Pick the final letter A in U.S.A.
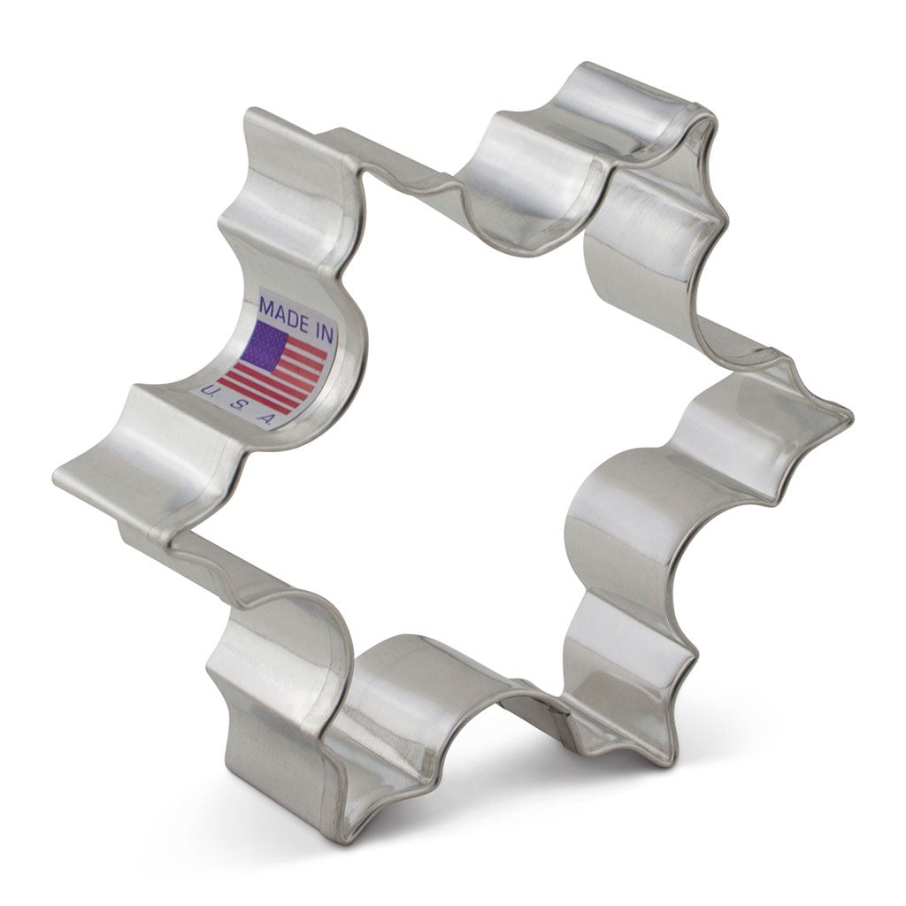265,419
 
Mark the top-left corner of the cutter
252,119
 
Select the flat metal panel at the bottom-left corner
265,752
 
